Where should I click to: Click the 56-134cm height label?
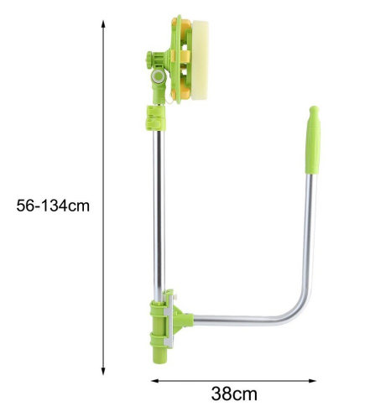53,206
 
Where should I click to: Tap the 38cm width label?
234,394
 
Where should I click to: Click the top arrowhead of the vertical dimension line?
103,23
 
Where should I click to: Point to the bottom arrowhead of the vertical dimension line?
103,371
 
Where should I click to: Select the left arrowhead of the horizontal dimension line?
155,381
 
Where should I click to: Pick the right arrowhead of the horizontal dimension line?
312,381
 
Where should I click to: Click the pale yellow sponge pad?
200,60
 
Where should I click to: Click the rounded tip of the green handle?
314,110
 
